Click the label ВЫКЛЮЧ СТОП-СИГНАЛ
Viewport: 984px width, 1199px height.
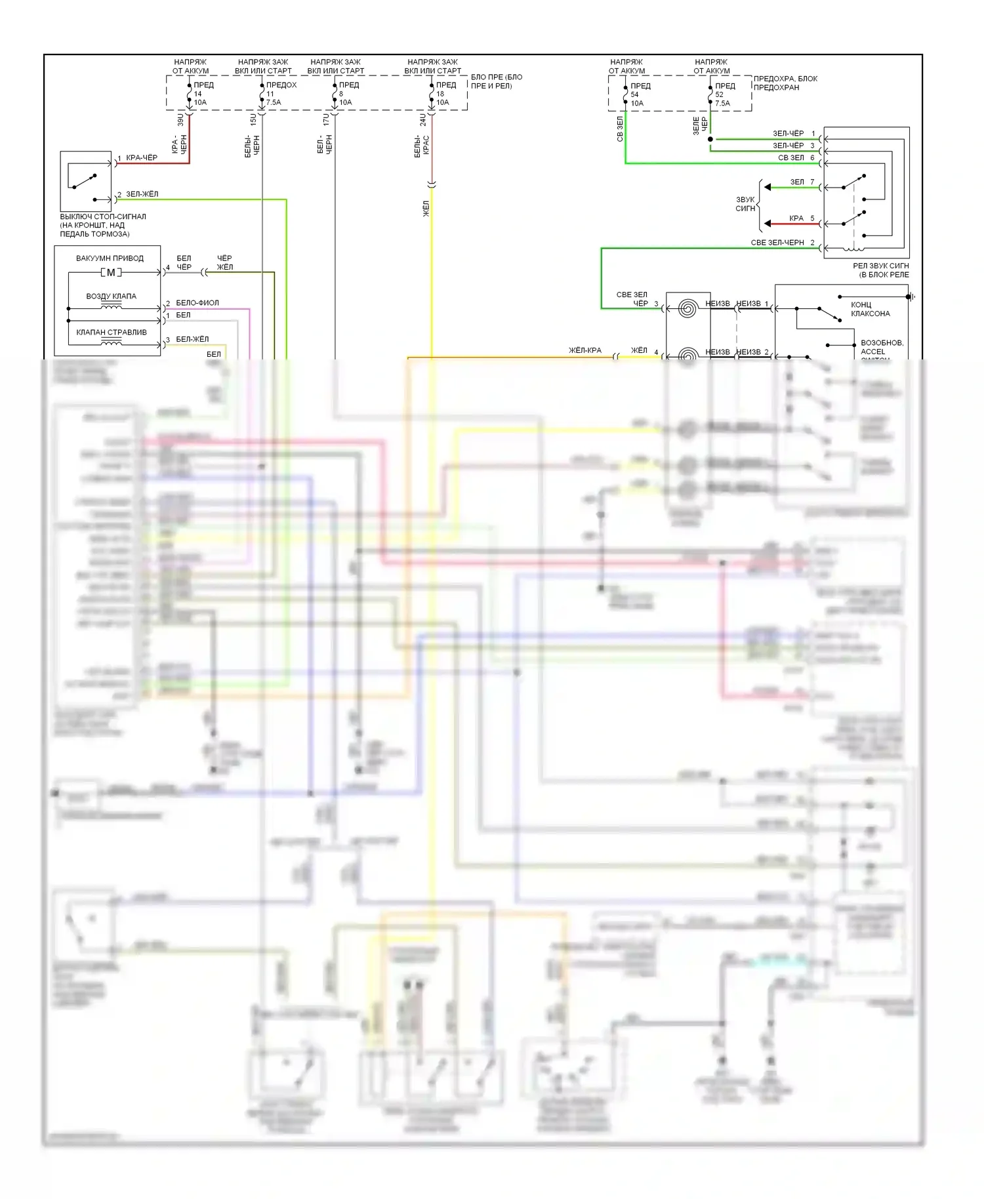(103, 216)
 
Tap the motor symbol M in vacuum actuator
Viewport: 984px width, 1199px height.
(111, 272)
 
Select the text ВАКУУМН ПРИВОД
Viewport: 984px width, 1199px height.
(110, 258)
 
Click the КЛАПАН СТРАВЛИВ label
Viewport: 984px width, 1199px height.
(112, 332)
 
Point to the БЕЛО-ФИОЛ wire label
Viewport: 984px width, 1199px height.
(197, 302)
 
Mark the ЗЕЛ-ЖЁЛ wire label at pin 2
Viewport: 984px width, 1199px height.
(142, 194)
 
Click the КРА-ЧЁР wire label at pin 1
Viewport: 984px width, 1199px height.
(142, 157)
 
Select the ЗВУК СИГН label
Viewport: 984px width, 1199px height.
(745, 204)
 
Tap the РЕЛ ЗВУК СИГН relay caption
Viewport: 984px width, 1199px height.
(880, 270)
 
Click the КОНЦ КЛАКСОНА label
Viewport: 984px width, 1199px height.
(870, 309)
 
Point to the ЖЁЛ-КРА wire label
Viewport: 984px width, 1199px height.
(585, 350)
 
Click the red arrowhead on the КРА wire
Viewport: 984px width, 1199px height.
(768, 224)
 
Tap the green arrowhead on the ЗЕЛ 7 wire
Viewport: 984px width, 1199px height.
(768, 188)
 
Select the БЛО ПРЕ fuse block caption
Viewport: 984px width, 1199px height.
(497, 81)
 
